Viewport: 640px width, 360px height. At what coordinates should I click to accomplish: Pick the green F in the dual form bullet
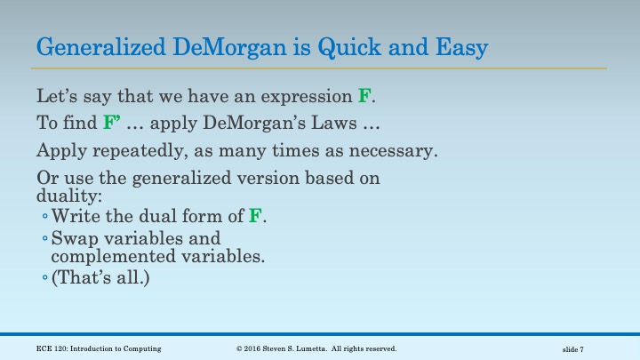[x=253, y=215]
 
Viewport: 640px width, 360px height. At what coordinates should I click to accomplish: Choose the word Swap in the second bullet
[x=72, y=239]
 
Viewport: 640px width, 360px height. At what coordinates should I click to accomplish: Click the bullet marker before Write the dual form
[x=44, y=216]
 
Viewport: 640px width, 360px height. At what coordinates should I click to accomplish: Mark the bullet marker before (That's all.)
[x=44, y=279]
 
